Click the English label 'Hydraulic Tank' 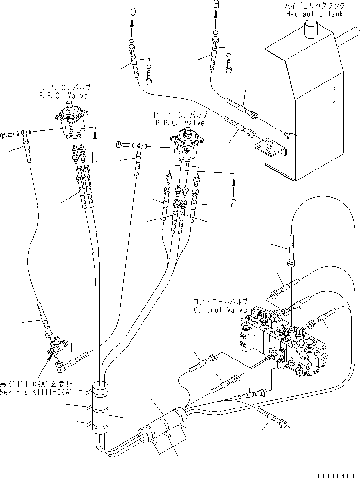tap(311, 14)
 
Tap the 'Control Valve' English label tap(221, 310)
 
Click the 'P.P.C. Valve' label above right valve tap(180, 122)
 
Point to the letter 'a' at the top tap(216, 4)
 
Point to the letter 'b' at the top tap(131, 7)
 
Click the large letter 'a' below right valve tap(233, 202)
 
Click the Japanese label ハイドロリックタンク tap(311, 6)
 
